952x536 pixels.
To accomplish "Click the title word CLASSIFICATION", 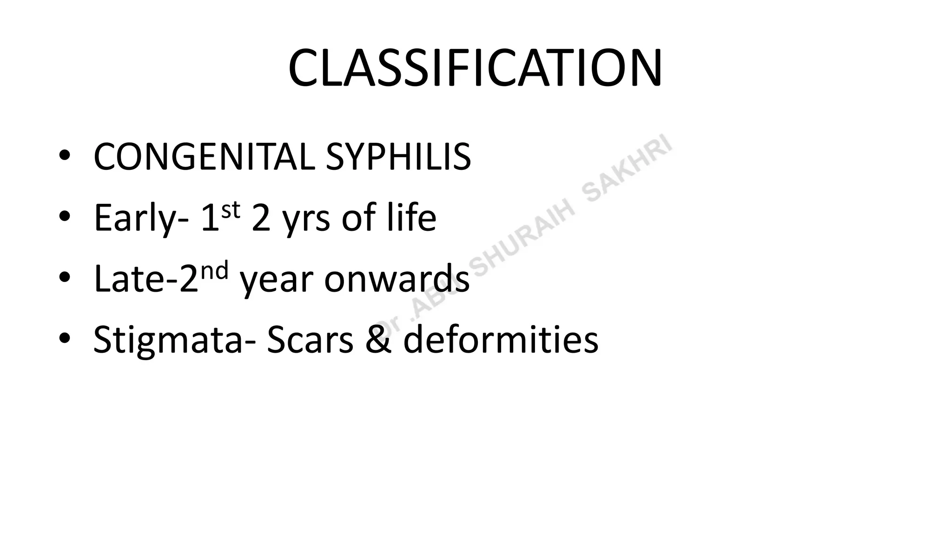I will tap(475, 68).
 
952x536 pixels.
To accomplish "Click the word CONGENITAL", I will tap(204, 157).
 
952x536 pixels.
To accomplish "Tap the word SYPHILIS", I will tap(398, 157).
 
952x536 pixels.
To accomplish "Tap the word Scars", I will tap(310, 340).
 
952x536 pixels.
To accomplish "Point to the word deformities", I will tap(501, 340).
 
